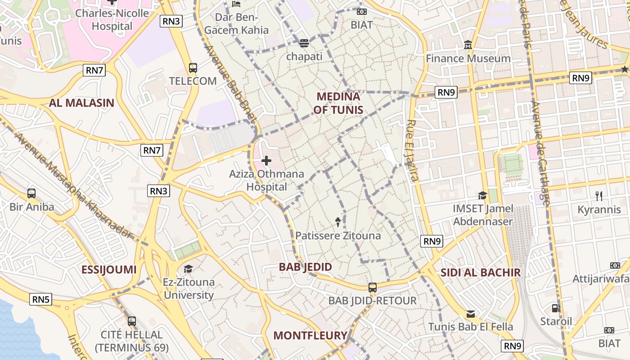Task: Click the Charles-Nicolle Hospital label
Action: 112,19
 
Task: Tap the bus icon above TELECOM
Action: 193,68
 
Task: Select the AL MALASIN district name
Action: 81,103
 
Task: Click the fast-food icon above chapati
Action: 304,43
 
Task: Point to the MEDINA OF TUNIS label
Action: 338,103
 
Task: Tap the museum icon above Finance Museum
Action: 468,45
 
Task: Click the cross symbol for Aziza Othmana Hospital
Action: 266,160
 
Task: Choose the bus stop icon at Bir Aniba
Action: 31,193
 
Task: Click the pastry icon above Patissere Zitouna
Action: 338,221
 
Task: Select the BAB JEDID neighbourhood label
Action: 306,267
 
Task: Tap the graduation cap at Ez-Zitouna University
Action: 188,269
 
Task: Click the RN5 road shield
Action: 41,299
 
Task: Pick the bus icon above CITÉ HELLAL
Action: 131,321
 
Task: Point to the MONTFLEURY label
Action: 310,335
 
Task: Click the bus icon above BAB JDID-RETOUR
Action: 372,287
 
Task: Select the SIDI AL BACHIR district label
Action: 480,272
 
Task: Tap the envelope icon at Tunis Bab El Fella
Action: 471,314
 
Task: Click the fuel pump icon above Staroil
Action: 556,308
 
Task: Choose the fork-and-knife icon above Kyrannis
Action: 599,196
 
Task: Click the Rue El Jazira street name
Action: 412,150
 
